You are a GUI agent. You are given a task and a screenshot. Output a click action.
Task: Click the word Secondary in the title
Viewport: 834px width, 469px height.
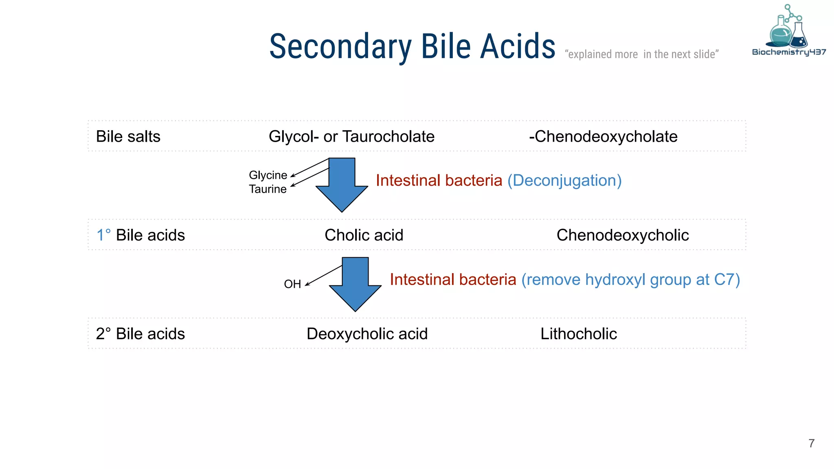click(x=340, y=47)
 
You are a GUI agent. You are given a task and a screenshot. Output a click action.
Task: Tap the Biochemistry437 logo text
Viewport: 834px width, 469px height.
click(x=789, y=52)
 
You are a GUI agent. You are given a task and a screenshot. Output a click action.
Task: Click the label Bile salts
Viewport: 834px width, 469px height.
click(x=128, y=136)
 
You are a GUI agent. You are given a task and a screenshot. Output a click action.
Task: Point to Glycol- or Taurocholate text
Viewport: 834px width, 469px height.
click(x=351, y=136)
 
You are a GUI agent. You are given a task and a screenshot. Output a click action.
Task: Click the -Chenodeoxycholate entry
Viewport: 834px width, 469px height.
click(x=603, y=136)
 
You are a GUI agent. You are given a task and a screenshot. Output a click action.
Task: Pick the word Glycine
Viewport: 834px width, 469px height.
click(x=268, y=175)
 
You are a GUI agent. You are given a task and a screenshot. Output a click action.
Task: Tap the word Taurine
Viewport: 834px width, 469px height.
click(x=268, y=189)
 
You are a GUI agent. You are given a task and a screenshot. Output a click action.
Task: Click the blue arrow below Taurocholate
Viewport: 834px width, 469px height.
click(x=342, y=185)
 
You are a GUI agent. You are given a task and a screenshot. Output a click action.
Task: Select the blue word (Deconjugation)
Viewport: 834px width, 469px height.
click(x=564, y=180)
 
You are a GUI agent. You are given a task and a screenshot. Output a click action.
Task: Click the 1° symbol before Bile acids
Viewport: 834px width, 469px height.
click(x=103, y=235)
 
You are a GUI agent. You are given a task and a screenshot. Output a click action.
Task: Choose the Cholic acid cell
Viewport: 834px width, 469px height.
click(x=364, y=235)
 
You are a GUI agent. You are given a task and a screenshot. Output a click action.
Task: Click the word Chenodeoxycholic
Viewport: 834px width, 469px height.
click(x=622, y=235)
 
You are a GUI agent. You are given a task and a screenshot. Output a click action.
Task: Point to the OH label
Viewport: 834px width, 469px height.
click(x=292, y=284)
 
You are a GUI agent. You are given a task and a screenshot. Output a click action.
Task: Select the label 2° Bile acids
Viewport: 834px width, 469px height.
click(x=140, y=334)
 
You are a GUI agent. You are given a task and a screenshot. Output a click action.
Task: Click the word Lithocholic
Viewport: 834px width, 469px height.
click(x=578, y=334)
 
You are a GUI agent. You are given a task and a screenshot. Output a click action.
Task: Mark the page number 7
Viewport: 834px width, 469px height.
click(x=811, y=443)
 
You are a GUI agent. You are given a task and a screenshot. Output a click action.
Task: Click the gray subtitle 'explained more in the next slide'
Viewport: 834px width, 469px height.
click(x=641, y=54)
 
